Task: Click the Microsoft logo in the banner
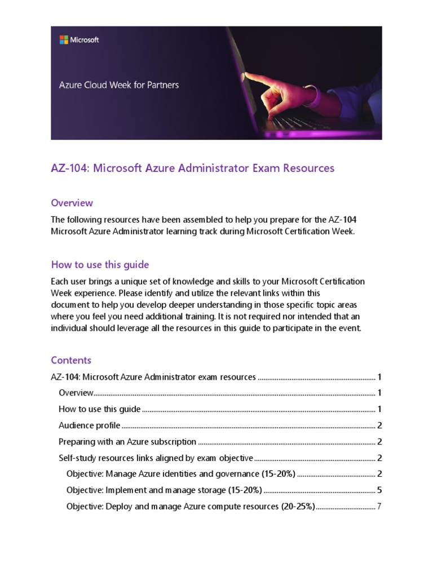(79, 39)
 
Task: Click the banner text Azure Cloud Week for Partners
(119, 86)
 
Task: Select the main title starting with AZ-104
(192, 168)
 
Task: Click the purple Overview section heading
(72, 203)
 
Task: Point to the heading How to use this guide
(100, 265)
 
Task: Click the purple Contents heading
(71, 360)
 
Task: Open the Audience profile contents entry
(89, 425)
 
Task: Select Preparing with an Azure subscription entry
(127, 442)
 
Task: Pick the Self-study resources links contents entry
(156, 458)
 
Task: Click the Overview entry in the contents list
(76, 393)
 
